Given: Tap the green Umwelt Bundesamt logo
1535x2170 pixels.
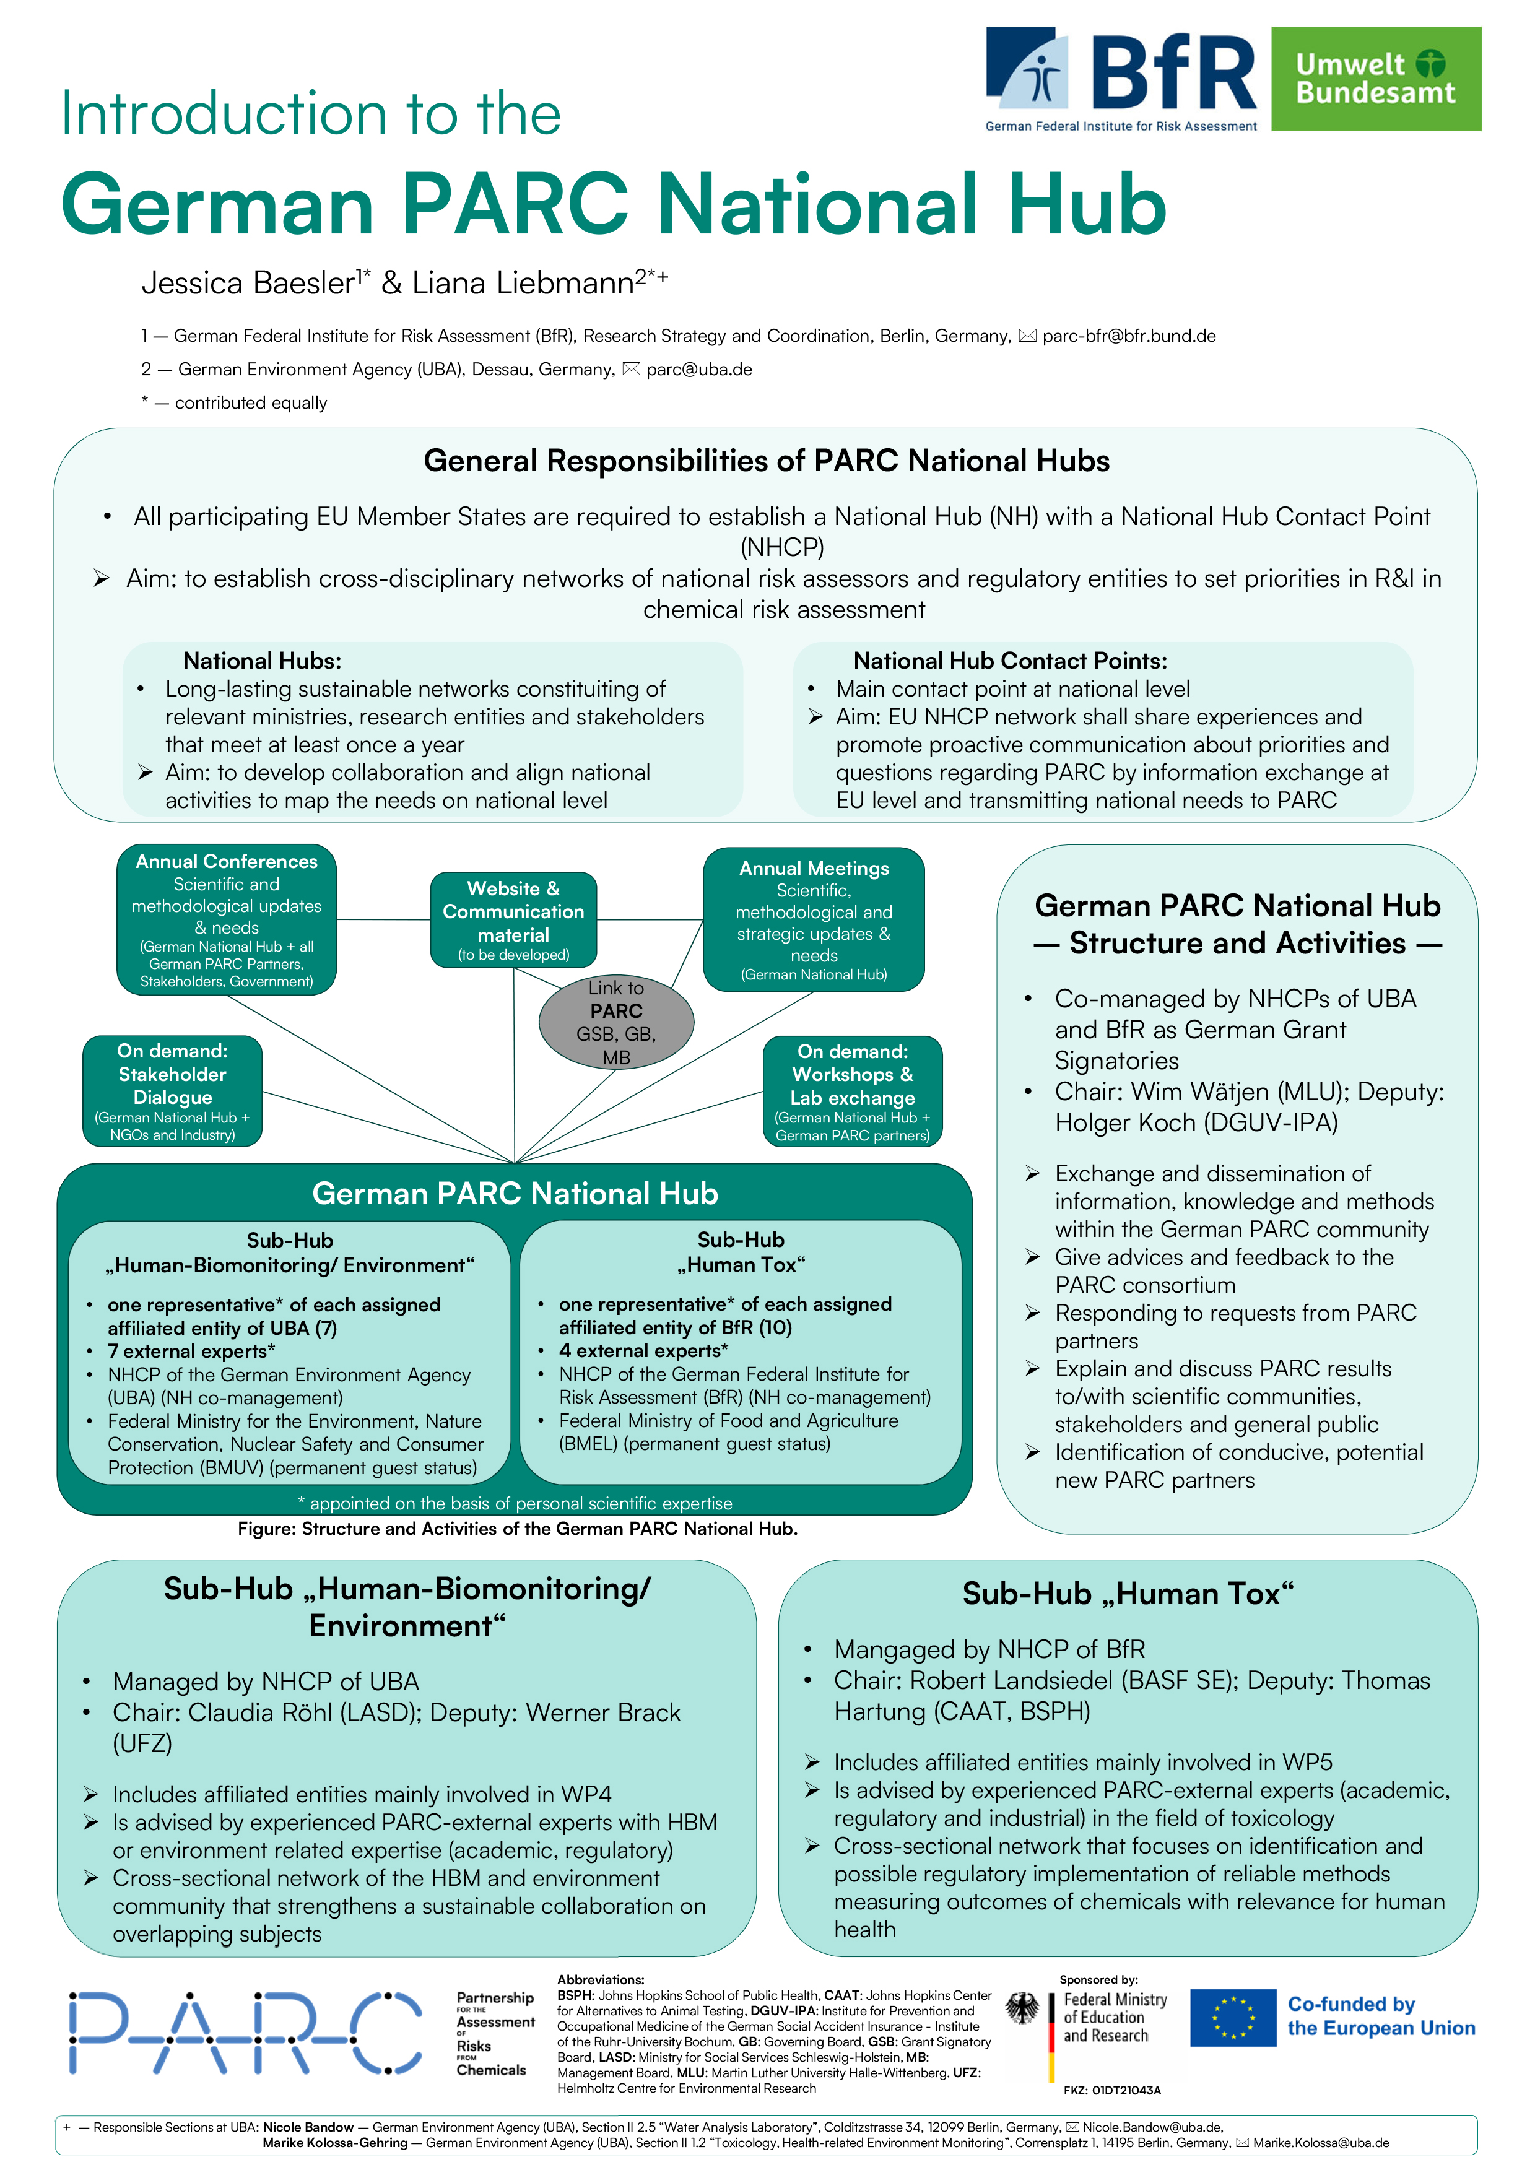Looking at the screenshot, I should [1375, 79].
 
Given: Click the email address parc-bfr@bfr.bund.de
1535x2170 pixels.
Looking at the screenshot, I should [1129, 336].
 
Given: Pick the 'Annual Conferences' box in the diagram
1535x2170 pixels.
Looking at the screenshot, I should [227, 919].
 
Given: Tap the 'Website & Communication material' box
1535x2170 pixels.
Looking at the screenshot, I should [513, 919].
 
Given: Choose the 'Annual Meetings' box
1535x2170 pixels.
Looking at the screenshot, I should [814, 919].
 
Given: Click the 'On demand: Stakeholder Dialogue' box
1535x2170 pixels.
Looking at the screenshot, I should [172, 1092].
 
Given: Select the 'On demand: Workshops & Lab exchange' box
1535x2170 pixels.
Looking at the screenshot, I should [853, 1092].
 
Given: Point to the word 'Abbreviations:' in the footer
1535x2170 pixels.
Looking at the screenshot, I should [600, 1979].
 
